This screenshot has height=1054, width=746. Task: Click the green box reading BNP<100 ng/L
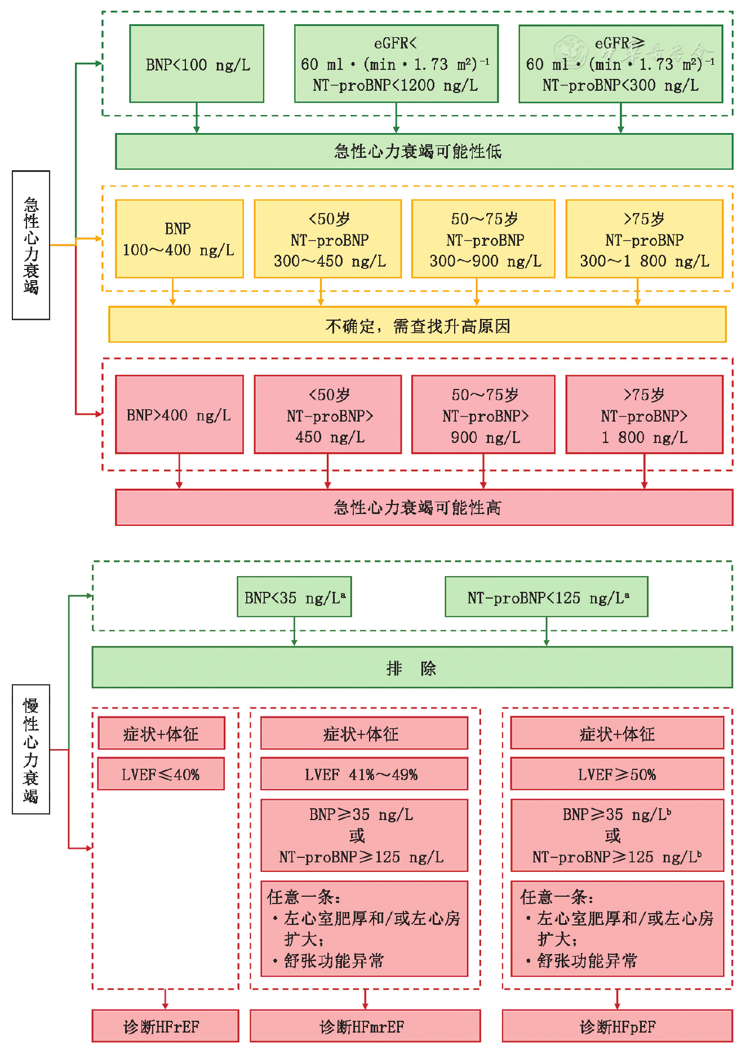[197, 64]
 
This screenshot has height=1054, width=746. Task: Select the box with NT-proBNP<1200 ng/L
[396, 64]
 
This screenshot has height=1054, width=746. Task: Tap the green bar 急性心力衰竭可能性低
[424, 151]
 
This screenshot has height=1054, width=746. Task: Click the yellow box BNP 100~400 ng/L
[179, 239]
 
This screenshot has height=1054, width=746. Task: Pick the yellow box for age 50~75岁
[483, 239]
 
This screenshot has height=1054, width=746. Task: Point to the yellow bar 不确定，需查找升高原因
[417, 325]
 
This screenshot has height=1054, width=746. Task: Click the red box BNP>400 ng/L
[179, 415]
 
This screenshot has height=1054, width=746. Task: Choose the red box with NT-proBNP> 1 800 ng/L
[644, 415]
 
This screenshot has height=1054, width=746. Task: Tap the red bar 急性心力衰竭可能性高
[424, 507]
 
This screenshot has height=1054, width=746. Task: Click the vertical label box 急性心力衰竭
[31, 245]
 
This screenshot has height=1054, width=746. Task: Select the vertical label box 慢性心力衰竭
[31, 749]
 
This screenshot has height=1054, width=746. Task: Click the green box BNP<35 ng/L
[294, 597]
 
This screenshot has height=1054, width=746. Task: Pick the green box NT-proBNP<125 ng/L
[546, 597]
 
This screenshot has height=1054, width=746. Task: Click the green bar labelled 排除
[412, 667]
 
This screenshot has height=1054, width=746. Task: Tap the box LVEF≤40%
[161, 774]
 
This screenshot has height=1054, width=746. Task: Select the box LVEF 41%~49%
[364, 774]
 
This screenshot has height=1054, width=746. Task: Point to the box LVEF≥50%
[617, 774]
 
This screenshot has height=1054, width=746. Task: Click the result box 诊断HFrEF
[165, 1026]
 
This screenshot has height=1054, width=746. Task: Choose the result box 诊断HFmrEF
[365, 1026]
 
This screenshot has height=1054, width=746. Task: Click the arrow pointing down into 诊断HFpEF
[617, 999]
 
